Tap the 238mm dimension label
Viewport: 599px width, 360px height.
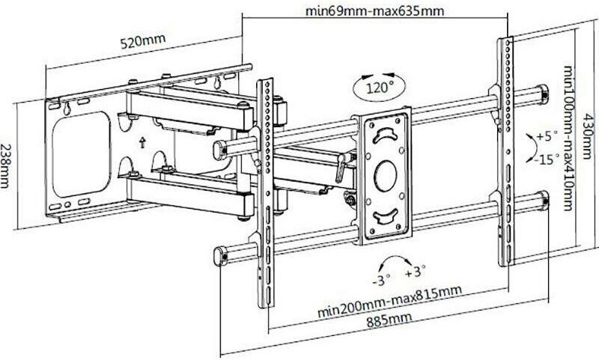[x=7, y=165]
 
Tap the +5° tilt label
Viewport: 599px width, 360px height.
[x=548, y=137]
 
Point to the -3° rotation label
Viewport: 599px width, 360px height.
[x=381, y=282]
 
